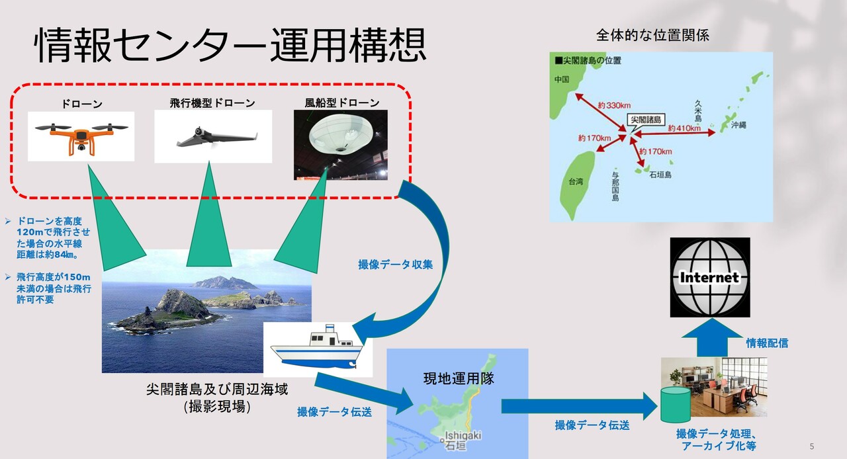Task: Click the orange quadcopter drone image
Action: [81, 136]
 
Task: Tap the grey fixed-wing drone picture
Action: [213, 136]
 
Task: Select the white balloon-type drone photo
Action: [341, 145]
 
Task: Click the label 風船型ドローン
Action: [342, 103]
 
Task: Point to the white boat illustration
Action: [318, 349]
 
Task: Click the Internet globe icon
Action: [710, 278]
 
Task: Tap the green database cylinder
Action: [676, 405]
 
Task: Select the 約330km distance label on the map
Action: [614, 105]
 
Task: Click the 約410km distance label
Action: [684, 128]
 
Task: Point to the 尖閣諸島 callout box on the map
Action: [646, 120]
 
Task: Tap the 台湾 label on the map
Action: [576, 182]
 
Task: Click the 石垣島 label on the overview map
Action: [660, 175]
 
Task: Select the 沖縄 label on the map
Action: [738, 125]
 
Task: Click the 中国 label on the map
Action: [562, 79]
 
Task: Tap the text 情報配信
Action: [767, 343]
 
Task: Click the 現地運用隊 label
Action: [459, 378]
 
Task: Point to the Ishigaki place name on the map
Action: [463, 436]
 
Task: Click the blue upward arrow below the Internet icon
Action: [712, 337]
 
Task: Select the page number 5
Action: [811, 446]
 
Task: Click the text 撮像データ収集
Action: [395, 265]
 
